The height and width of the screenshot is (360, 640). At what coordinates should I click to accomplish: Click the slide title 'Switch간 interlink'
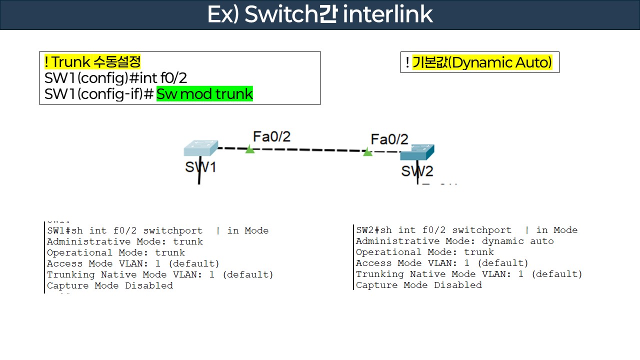320,14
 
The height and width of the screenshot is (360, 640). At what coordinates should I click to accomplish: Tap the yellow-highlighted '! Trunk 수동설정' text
93,62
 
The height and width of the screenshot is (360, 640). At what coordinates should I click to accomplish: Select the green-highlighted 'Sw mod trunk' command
204,94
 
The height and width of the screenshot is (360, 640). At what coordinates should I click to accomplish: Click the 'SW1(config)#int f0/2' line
115,78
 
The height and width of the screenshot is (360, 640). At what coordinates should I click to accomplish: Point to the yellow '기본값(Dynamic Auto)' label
482,62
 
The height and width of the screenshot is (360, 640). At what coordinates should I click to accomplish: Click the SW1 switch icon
200,148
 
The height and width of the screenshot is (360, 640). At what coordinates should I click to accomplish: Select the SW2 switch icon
417,152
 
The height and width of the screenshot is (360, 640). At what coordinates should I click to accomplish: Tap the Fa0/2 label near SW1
271,136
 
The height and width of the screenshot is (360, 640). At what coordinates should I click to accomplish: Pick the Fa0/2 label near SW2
389,139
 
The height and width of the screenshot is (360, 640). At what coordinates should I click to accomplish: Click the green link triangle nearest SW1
250,149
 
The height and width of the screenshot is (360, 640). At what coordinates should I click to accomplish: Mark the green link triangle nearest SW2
367,152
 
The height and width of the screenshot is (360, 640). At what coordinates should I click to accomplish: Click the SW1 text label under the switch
200,166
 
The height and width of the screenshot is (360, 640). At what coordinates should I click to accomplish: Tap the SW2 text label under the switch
417,171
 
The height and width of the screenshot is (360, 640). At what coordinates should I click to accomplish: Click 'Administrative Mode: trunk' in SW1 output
125,241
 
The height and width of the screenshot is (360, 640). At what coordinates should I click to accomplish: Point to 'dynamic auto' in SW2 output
517,241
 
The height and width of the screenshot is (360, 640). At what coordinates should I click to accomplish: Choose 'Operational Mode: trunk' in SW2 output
424,252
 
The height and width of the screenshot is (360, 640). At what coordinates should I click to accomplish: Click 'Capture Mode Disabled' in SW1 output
110,285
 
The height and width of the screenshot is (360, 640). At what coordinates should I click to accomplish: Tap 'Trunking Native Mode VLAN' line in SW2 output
469,274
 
